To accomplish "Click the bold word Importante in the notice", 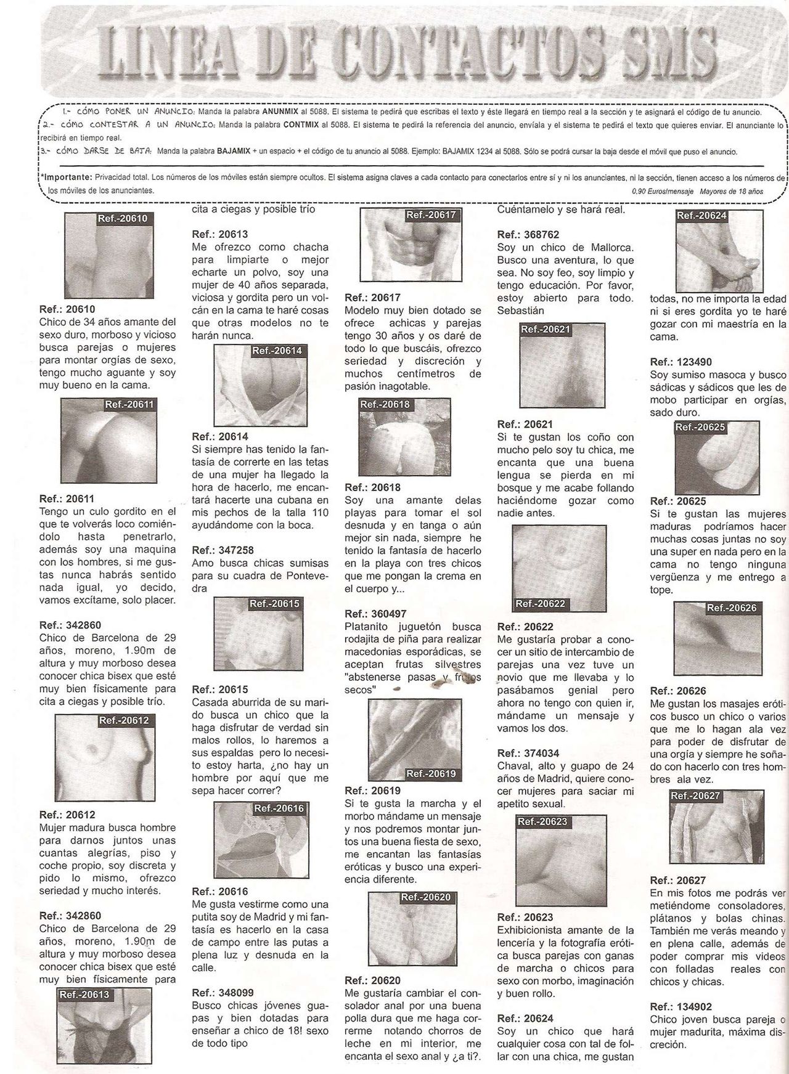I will [67, 177].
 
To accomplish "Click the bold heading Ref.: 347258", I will [223, 550].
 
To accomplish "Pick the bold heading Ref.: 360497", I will [375, 614].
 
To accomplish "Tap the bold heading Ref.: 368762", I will [528, 234].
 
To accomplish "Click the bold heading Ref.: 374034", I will [528, 753].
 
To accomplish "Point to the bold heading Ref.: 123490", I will [681, 362].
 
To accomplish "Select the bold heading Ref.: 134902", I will [681, 1007].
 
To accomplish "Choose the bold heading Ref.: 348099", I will [223, 993].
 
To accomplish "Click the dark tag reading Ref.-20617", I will [431, 215].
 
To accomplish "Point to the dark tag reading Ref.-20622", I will [541, 604].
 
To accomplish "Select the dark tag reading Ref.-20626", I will [732, 608].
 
